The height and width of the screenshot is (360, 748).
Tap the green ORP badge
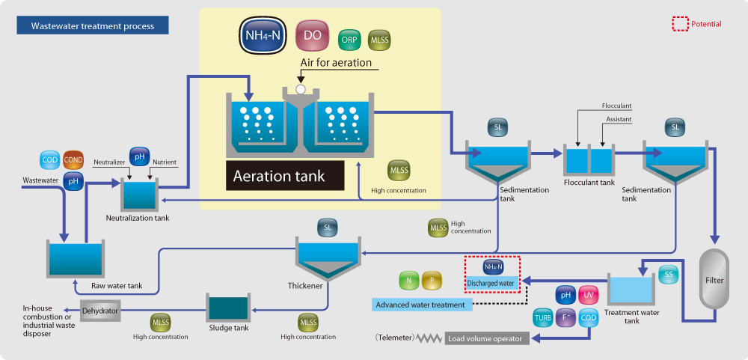click(x=349, y=39)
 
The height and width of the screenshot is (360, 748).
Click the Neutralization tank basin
click(x=138, y=195)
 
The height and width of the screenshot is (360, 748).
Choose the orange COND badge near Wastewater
click(x=73, y=159)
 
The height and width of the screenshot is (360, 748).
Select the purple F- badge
click(x=566, y=317)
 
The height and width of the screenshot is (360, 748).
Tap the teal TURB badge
click(x=543, y=317)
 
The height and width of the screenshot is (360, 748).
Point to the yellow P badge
click(x=432, y=281)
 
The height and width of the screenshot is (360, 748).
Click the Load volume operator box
click(x=487, y=338)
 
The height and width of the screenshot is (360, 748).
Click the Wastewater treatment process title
click(x=93, y=26)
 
